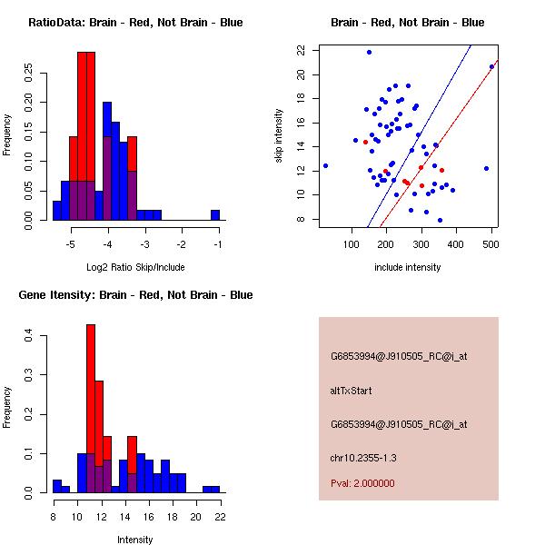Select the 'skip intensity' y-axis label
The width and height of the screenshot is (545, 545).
point(281,135)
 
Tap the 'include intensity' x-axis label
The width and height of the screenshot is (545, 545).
point(408,268)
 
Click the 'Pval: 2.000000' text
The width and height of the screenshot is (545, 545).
point(362,483)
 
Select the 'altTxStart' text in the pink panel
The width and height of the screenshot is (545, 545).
point(352,391)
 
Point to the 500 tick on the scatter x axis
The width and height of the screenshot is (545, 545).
point(455,243)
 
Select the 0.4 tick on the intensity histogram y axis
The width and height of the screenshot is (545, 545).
point(30,336)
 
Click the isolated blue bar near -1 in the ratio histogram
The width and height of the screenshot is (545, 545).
point(215,215)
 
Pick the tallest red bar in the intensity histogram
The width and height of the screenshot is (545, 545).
point(91,409)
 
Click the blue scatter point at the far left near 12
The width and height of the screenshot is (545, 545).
point(325,165)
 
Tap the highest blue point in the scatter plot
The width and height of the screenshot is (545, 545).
point(369,52)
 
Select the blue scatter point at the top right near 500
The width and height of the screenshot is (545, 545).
point(491,66)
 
